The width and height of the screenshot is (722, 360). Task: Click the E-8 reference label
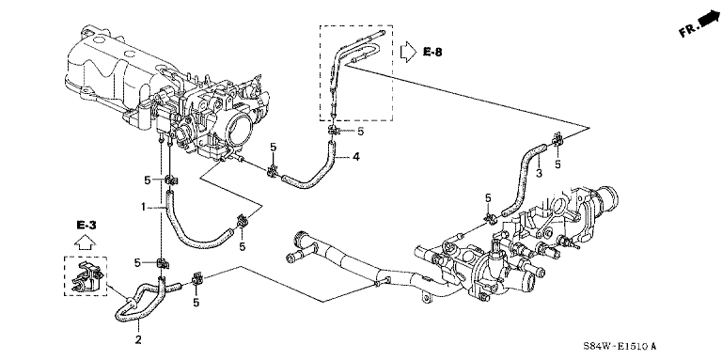[x=432, y=52]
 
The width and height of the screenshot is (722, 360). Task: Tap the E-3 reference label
[x=86, y=225]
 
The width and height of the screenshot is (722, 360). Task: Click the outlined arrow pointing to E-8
[x=408, y=52]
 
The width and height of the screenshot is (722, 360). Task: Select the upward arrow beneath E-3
[x=86, y=242]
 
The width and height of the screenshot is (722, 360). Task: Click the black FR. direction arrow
[x=709, y=19]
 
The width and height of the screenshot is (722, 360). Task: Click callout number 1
[x=144, y=208]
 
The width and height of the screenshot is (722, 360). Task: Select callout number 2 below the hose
[x=138, y=340]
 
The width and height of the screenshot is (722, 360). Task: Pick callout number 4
[x=355, y=158]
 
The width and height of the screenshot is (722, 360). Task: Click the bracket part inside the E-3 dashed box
[x=86, y=276]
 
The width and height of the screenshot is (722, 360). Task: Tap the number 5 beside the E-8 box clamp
[x=361, y=132]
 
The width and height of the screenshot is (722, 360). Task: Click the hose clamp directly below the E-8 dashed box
[x=333, y=132]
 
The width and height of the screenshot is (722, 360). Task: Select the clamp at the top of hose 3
[x=557, y=138]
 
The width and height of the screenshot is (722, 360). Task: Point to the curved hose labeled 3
[x=523, y=180]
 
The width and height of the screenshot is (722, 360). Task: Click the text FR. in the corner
[x=688, y=30]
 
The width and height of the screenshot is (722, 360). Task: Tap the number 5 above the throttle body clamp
[x=273, y=148]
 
